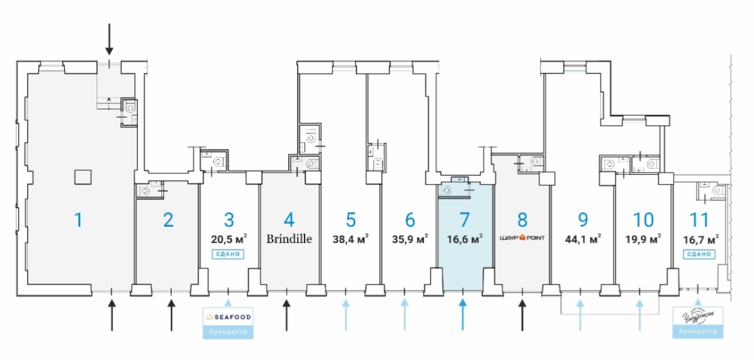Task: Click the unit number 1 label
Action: coord(78,220)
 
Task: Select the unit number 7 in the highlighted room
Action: coord(463,220)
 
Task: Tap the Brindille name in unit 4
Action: coord(289,238)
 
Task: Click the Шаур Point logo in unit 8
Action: coord(522,238)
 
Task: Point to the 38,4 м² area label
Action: coord(350,238)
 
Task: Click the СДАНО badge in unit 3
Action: coord(228,254)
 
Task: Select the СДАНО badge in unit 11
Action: coord(699,254)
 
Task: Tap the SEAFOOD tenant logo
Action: coord(228,317)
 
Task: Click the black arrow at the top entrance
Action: coord(109,41)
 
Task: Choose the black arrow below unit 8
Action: coord(522,315)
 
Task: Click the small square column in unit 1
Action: coord(83,177)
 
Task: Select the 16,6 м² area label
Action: coord(464,238)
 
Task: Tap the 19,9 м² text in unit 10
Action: coord(644,238)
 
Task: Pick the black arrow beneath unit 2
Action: coord(171,315)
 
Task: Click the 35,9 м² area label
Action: coord(410,238)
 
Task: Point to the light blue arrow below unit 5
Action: coord(346,315)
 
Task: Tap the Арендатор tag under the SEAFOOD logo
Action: coord(228,332)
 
